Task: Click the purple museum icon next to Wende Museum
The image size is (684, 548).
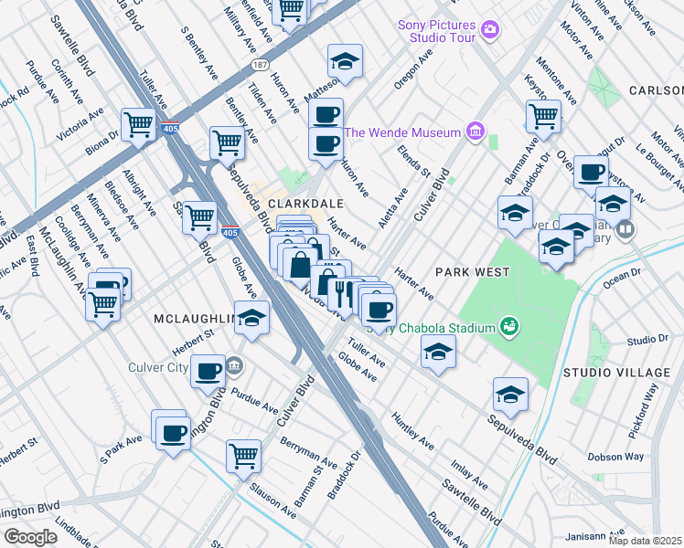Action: pyautogui.click(x=474, y=132)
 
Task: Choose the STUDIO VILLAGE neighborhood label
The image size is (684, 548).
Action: pyautogui.click(x=615, y=373)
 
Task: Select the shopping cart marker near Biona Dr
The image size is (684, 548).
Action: pyautogui.click(x=139, y=123)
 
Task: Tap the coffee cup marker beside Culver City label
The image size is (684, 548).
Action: pyautogui.click(x=208, y=371)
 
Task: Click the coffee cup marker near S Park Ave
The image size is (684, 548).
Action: pyautogui.click(x=172, y=433)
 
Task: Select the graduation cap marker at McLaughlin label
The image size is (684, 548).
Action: pyautogui.click(x=253, y=318)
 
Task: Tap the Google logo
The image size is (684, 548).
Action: pyautogui.click(x=30, y=537)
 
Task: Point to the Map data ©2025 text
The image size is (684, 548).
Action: pyautogui.click(x=646, y=541)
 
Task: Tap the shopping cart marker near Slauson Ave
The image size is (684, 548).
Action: pyautogui.click(x=243, y=455)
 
